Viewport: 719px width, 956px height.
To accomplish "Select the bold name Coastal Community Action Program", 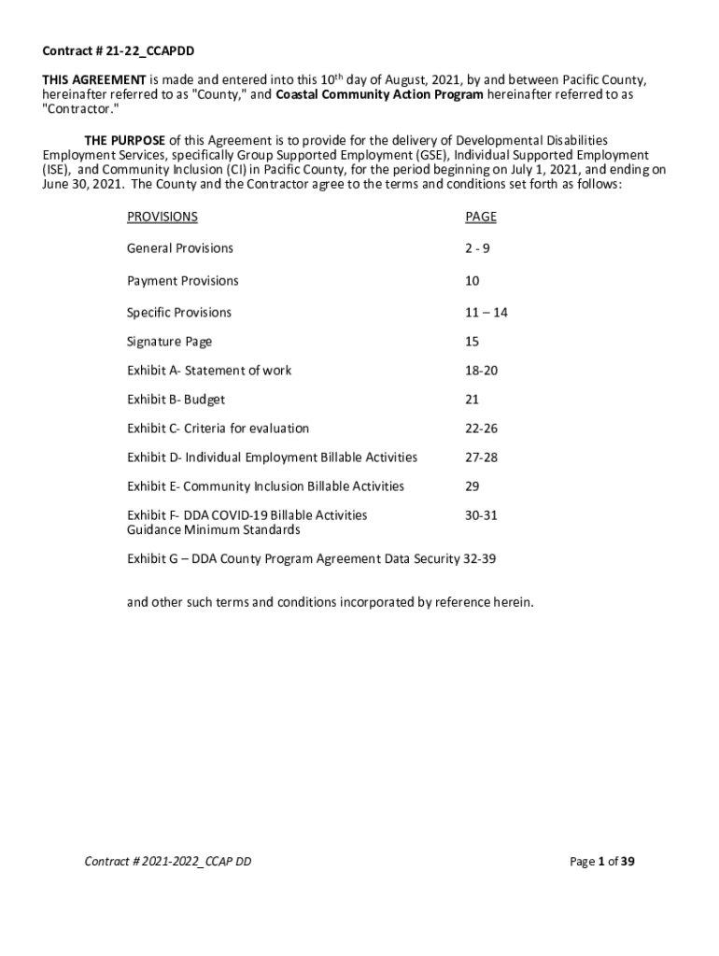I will click(x=380, y=95).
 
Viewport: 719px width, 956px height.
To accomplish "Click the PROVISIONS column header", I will click(x=162, y=217).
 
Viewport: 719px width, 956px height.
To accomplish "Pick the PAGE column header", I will click(x=481, y=217).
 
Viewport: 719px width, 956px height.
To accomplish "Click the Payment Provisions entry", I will click(x=183, y=281).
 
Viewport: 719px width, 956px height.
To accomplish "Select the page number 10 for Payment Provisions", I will click(x=472, y=281).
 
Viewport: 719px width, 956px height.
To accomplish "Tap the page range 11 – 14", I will click(x=486, y=313).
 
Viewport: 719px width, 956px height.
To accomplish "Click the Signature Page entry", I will click(x=170, y=343).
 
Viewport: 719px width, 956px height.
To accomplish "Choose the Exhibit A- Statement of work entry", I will click(x=209, y=371).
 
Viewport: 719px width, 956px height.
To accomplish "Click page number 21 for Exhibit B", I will click(x=472, y=400).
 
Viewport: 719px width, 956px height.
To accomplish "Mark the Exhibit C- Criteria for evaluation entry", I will click(x=218, y=429).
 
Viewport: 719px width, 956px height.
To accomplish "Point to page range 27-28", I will click(x=481, y=457).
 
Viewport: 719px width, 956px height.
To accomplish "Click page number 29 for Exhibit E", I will click(x=472, y=486).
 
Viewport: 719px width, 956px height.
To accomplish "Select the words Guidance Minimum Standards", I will click(x=214, y=530).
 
